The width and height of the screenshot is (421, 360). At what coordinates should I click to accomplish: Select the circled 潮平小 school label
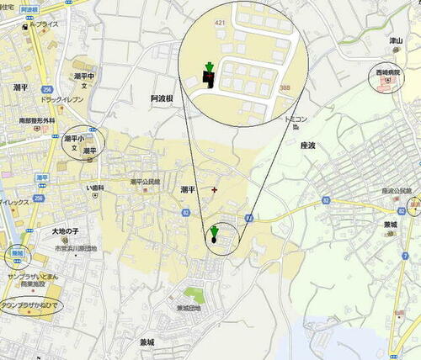click(x=75, y=139)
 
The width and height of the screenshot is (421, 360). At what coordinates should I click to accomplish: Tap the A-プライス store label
click(x=43, y=24)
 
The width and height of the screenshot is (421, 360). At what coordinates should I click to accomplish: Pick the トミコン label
click(x=296, y=120)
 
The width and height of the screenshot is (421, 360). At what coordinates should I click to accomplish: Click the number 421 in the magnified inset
click(x=221, y=22)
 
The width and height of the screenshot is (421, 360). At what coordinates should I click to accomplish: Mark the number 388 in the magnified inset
click(x=286, y=87)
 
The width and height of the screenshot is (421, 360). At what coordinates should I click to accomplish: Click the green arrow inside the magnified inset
click(x=209, y=68)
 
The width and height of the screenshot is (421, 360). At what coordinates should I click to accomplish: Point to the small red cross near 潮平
click(x=214, y=189)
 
